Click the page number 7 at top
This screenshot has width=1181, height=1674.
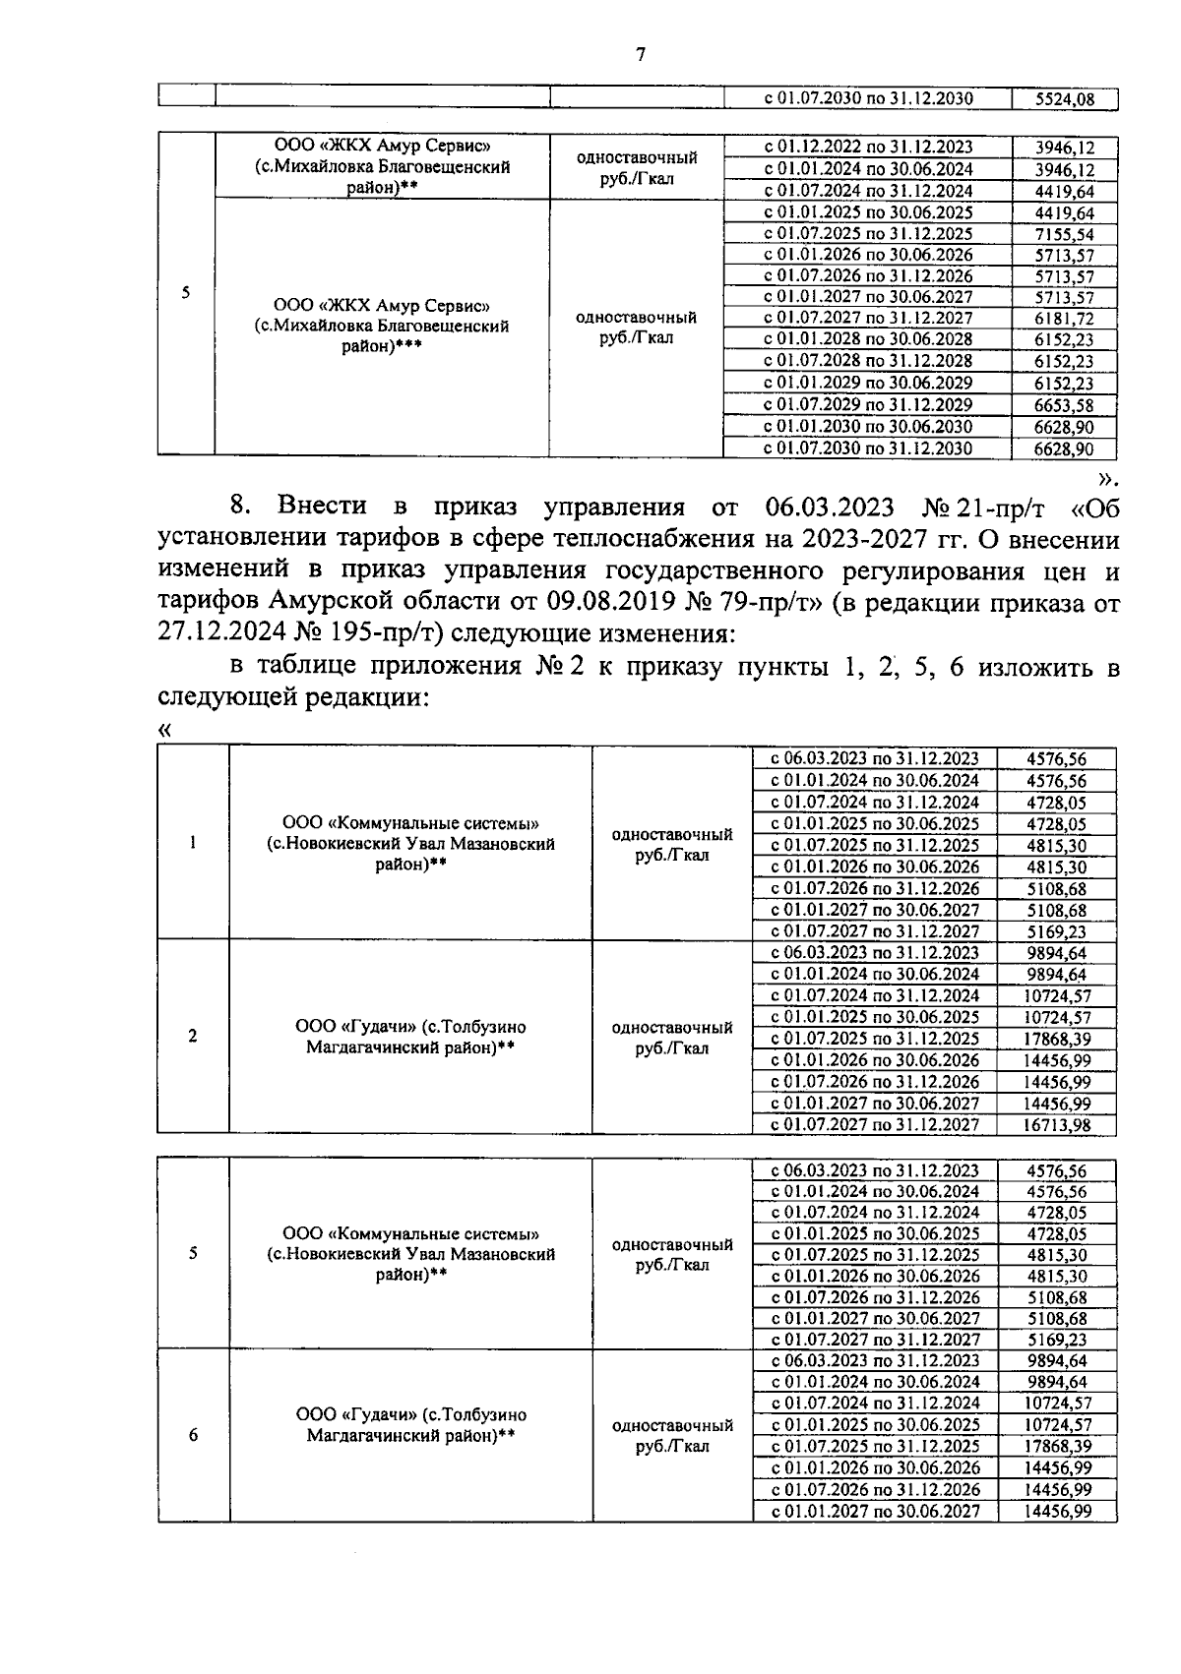pyautogui.click(x=641, y=54)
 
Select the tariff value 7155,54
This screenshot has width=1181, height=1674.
pyautogui.click(x=1063, y=234)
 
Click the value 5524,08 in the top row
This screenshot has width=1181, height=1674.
pyautogui.click(x=1063, y=98)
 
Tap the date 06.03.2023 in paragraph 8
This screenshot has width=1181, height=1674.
pyautogui.click(x=828, y=508)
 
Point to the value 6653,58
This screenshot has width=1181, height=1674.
pyautogui.click(x=1063, y=405)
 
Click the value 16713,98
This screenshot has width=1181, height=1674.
pyautogui.click(x=1057, y=1125)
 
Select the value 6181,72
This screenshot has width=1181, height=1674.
pyautogui.click(x=1063, y=319)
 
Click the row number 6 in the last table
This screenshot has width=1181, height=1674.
pyautogui.click(x=193, y=1435)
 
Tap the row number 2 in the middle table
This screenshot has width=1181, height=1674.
pyautogui.click(x=193, y=1036)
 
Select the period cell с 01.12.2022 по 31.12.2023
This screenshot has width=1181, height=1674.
pyautogui.click(x=868, y=148)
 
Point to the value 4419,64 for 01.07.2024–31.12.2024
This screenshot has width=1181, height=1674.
pyautogui.click(x=1063, y=191)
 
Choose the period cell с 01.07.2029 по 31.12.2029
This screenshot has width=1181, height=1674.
pyautogui.click(x=868, y=405)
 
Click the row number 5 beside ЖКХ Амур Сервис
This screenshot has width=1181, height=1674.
pyautogui.click(x=186, y=292)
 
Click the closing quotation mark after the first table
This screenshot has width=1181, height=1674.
pyautogui.click(x=1108, y=478)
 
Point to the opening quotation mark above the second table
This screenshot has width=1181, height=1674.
pyautogui.click(x=164, y=730)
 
